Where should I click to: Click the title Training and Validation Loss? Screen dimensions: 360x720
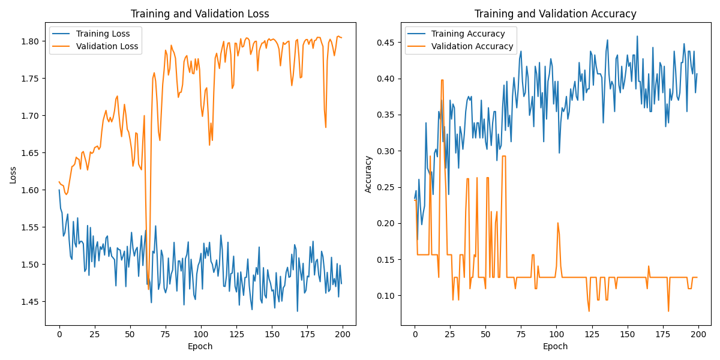point(200,14)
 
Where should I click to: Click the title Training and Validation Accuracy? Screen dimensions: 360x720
point(555,14)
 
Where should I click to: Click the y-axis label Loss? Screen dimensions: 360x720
point(13,175)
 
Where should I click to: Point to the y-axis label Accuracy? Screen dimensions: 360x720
point(368,174)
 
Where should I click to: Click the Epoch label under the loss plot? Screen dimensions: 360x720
point(200,347)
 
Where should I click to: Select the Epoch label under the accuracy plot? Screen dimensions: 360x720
point(555,347)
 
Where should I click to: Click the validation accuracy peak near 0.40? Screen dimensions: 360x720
point(442,80)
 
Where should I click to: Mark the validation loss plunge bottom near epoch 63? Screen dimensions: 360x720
point(148,289)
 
